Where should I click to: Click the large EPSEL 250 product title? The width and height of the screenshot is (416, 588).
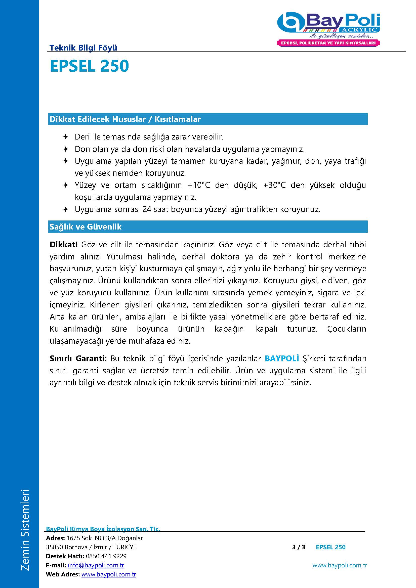point(89,66)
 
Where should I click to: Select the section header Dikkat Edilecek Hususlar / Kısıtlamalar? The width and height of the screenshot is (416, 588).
point(125,119)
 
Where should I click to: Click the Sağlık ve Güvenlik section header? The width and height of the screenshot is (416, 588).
point(86,227)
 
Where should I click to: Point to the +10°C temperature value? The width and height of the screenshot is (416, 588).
point(199,185)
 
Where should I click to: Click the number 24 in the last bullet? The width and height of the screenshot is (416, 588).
point(147,209)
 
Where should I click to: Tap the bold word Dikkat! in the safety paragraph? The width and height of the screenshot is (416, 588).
point(64,245)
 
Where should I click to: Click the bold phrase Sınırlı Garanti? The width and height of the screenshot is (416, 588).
point(78,358)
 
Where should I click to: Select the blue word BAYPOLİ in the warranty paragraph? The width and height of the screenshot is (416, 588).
point(282,358)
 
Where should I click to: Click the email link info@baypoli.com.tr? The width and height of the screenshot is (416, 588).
point(96,565)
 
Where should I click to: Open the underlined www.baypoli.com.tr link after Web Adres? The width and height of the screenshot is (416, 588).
point(109,574)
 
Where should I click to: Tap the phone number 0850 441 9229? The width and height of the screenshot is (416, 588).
point(106,556)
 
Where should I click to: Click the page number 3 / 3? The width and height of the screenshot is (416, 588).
point(299,547)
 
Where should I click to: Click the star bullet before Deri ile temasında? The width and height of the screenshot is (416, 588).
point(66,137)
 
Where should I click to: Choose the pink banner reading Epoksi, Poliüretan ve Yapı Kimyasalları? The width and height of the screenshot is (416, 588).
point(328,43)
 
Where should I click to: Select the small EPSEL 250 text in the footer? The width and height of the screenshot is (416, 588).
point(330,547)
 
